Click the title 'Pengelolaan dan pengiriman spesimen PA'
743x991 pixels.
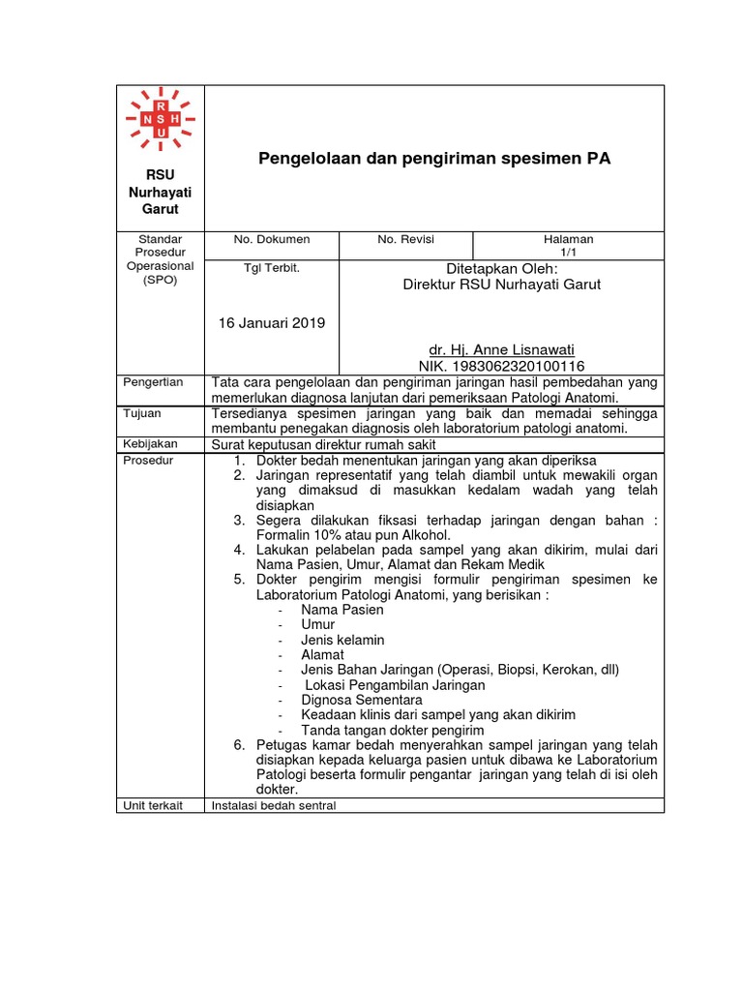click(434, 158)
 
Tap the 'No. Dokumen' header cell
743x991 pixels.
click(271, 239)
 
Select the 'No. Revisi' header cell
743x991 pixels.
click(405, 239)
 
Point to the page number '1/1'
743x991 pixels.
click(569, 252)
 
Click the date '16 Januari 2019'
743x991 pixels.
click(272, 322)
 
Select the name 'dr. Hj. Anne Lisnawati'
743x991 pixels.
click(507, 349)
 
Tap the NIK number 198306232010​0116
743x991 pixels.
click(501, 366)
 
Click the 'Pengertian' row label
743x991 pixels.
click(153, 382)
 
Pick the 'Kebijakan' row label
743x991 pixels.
click(149, 443)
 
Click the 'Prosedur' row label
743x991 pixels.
click(148, 460)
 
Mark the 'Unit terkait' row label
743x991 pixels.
click(153, 805)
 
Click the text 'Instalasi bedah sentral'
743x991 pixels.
click(274, 805)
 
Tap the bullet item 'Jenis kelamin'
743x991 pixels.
click(342, 640)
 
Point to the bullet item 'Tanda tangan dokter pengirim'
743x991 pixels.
click(393, 730)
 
